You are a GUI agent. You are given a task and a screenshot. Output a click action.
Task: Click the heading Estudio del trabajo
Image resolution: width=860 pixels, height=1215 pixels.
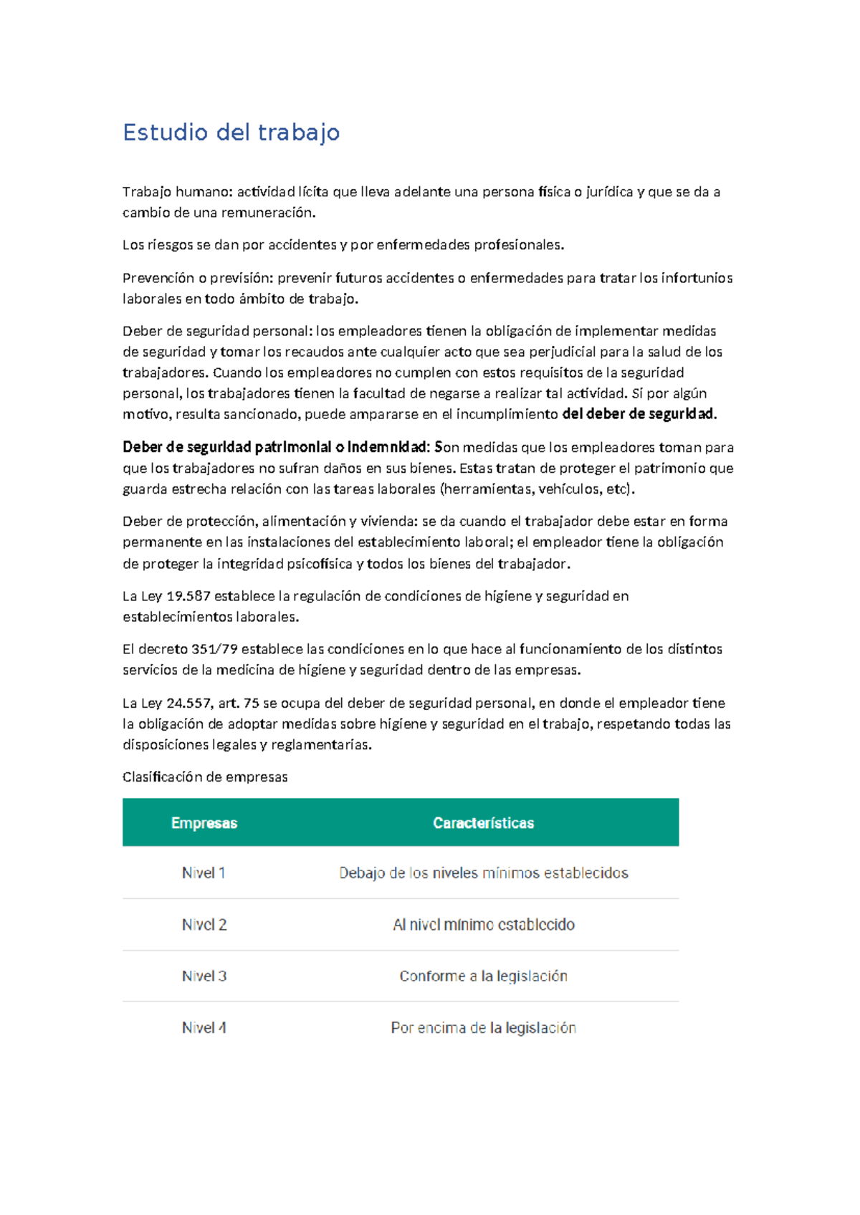click(231, 133)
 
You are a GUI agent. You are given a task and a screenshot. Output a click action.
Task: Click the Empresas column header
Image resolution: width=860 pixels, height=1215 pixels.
click(204, 823)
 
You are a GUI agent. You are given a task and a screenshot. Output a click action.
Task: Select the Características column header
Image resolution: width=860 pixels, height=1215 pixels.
click(483, 823)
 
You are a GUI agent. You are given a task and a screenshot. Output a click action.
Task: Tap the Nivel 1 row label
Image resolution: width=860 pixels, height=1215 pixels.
click(204, 873)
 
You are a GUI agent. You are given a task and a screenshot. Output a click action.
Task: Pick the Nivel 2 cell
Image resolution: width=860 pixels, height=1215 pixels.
click(204, 925)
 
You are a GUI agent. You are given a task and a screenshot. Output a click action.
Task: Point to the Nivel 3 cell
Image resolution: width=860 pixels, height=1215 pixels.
click(204, 976)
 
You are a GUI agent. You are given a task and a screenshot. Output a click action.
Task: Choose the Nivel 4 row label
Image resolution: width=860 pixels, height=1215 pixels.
click(204, 1027)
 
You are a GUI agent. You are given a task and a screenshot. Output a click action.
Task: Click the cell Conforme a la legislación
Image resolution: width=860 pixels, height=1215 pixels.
click(483, 976)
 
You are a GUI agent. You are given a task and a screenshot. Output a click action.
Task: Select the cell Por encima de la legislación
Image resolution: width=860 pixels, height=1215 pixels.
click(483, 1027)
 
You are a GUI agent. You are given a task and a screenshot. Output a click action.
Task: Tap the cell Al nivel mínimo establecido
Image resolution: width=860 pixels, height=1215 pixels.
click(483, 925)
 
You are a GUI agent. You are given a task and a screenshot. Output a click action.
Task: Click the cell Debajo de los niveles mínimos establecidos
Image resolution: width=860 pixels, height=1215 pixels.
click(483, 873)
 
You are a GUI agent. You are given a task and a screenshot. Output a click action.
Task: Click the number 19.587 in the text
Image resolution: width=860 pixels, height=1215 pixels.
click(188, 596)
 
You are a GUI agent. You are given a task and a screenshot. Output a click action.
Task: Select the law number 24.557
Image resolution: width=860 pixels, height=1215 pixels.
click(189, 703)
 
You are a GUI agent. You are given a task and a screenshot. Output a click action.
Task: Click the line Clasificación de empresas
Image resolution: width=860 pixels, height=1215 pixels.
click(205, 777)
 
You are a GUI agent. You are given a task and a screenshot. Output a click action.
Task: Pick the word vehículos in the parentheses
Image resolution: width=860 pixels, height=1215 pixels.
click(568, 489)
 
